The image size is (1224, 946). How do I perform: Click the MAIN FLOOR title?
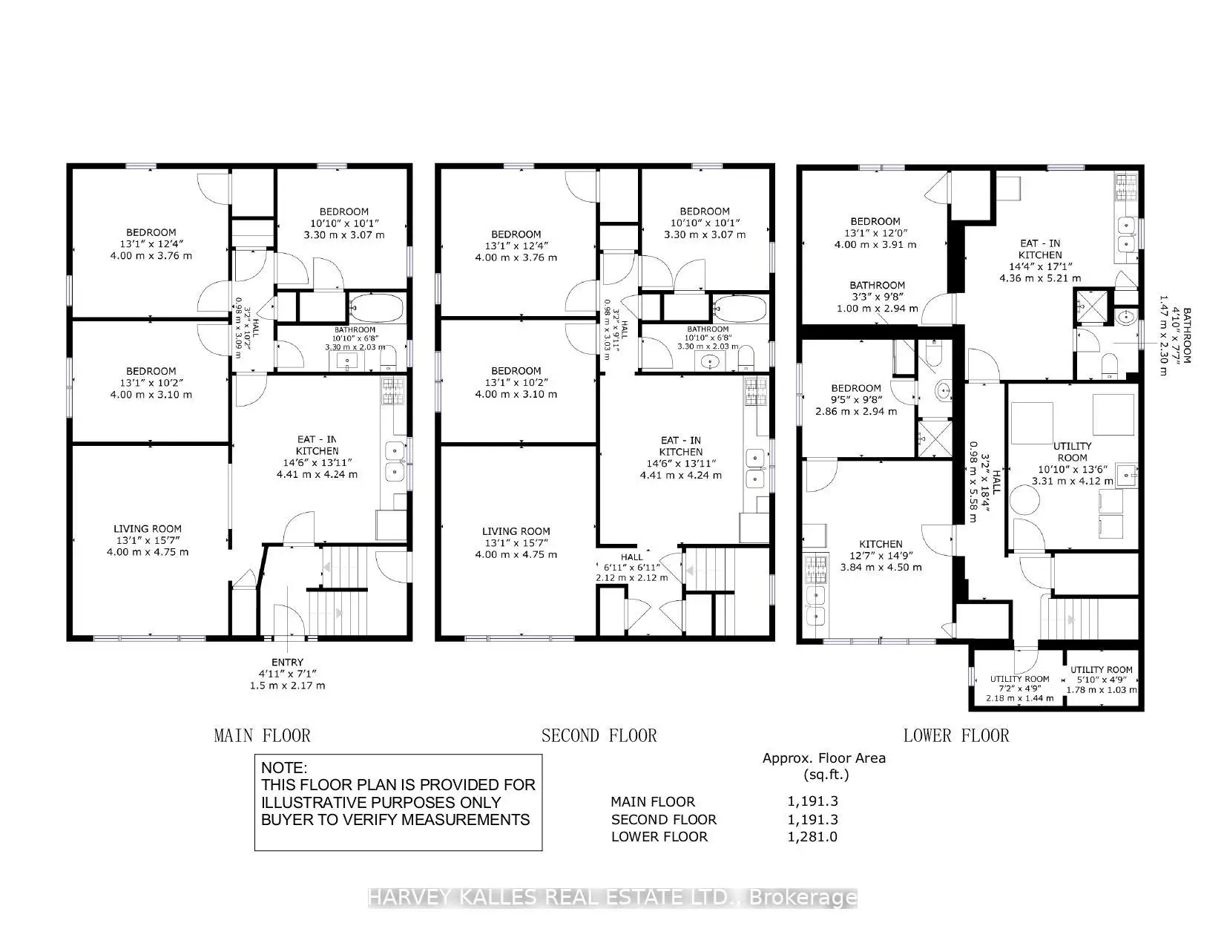pos(262,736)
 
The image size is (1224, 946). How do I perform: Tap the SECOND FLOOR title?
pos(599,736)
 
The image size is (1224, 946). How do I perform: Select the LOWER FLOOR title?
pos(955,736)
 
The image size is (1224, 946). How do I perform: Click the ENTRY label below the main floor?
pos(287,663)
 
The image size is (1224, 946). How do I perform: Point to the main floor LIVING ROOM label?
pos(147,529)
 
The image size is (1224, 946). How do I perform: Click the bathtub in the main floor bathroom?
pos(376,306)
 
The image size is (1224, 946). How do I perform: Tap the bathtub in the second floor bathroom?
pos(740,306)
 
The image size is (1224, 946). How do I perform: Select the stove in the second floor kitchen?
pos(755,391)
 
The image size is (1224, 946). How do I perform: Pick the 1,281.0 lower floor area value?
pos(812,837)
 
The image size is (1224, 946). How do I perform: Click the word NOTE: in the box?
pos(283,768)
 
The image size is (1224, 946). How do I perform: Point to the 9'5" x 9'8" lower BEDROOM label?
pos(855,388)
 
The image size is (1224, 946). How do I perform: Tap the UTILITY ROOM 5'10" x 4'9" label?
pos(1102,670)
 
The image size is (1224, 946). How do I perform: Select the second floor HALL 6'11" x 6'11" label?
pos(632,556)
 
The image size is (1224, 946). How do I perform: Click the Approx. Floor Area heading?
pos(823,758)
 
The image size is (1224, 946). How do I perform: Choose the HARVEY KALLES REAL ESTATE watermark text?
pos(612,898)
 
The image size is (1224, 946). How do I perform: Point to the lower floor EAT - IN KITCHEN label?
pos(1039,243)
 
